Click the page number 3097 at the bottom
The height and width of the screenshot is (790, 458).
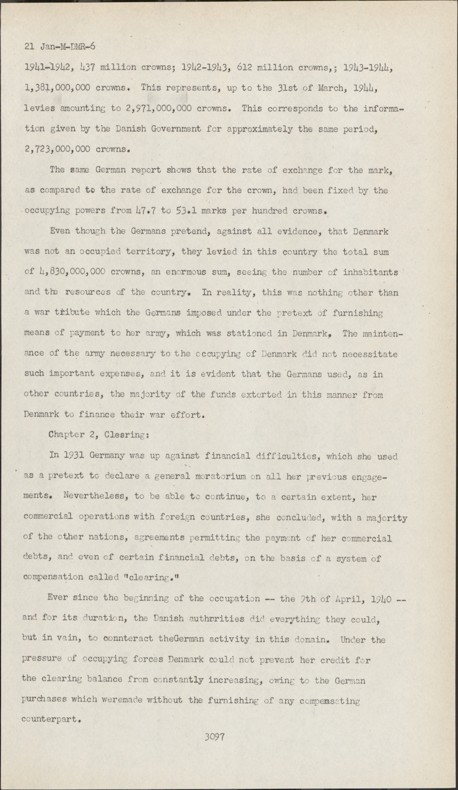pos(215,737)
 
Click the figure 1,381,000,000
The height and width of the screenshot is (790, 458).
pos(58,87)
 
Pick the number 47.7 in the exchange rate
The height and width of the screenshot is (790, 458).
pos(148,211)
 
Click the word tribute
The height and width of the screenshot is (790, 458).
pos(62,312)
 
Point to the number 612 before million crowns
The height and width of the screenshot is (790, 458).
pos(246,67)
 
